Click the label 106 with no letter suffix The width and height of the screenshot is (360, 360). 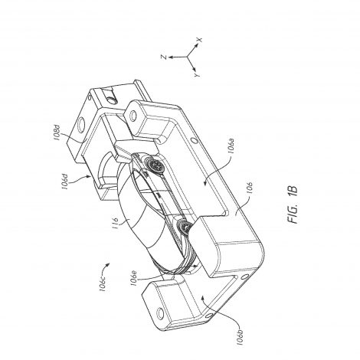pos(250,188)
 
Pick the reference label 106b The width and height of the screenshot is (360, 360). pos(241,335)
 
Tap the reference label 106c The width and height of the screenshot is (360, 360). pos(103,283)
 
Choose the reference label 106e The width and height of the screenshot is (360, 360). pos(135,278)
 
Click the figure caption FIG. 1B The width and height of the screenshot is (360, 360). pos(293,205)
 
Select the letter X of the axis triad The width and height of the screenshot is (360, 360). pos(199,40)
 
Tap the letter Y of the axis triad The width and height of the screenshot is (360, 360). pos(197,75)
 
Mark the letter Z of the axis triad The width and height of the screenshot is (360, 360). pos(164,57)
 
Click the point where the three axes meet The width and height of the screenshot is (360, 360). pos(188,57)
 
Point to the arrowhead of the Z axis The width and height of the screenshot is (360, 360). pos(172,57)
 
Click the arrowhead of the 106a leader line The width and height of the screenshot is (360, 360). pos(204,182)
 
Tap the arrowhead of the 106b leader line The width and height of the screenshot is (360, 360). pos(202,297)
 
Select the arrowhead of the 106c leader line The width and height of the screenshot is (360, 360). pos(108,264)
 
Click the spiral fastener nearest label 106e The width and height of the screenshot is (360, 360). pos(183,226)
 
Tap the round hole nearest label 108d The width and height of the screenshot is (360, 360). pos(82,124)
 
